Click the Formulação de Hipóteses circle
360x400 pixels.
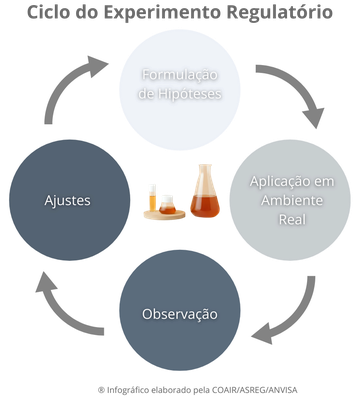coord(180,84)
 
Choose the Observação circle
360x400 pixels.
coord(180,313)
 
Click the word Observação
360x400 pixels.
coord(180,314)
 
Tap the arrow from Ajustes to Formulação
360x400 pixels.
coord(72,90)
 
